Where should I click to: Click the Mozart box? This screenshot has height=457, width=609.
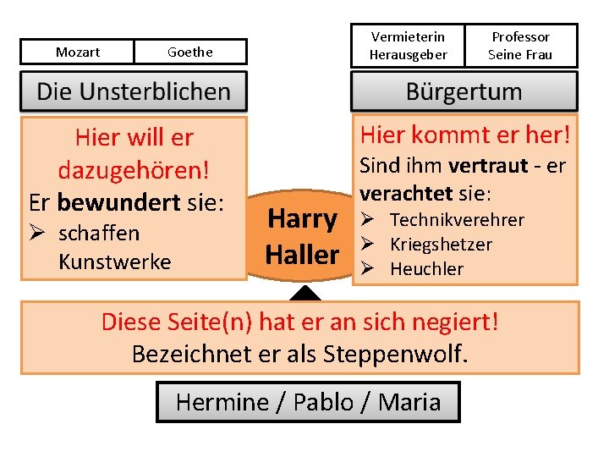[77, 52]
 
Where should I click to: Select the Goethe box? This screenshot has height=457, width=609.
[190, 52]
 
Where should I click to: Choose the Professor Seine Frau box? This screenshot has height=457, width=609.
[520, 46]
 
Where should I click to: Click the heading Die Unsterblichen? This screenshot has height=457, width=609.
[134, 91]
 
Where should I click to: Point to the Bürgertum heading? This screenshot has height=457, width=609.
[464, 91]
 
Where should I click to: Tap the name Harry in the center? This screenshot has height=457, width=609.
[302, 219]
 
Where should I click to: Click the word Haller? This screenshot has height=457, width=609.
[302, 253]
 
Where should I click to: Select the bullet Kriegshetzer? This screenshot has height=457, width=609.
[441, 245]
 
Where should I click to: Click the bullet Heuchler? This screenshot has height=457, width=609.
[426, 269]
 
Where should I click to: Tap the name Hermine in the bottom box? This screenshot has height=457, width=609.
[222, 402]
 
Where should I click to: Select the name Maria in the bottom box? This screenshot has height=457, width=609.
[411, 402]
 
